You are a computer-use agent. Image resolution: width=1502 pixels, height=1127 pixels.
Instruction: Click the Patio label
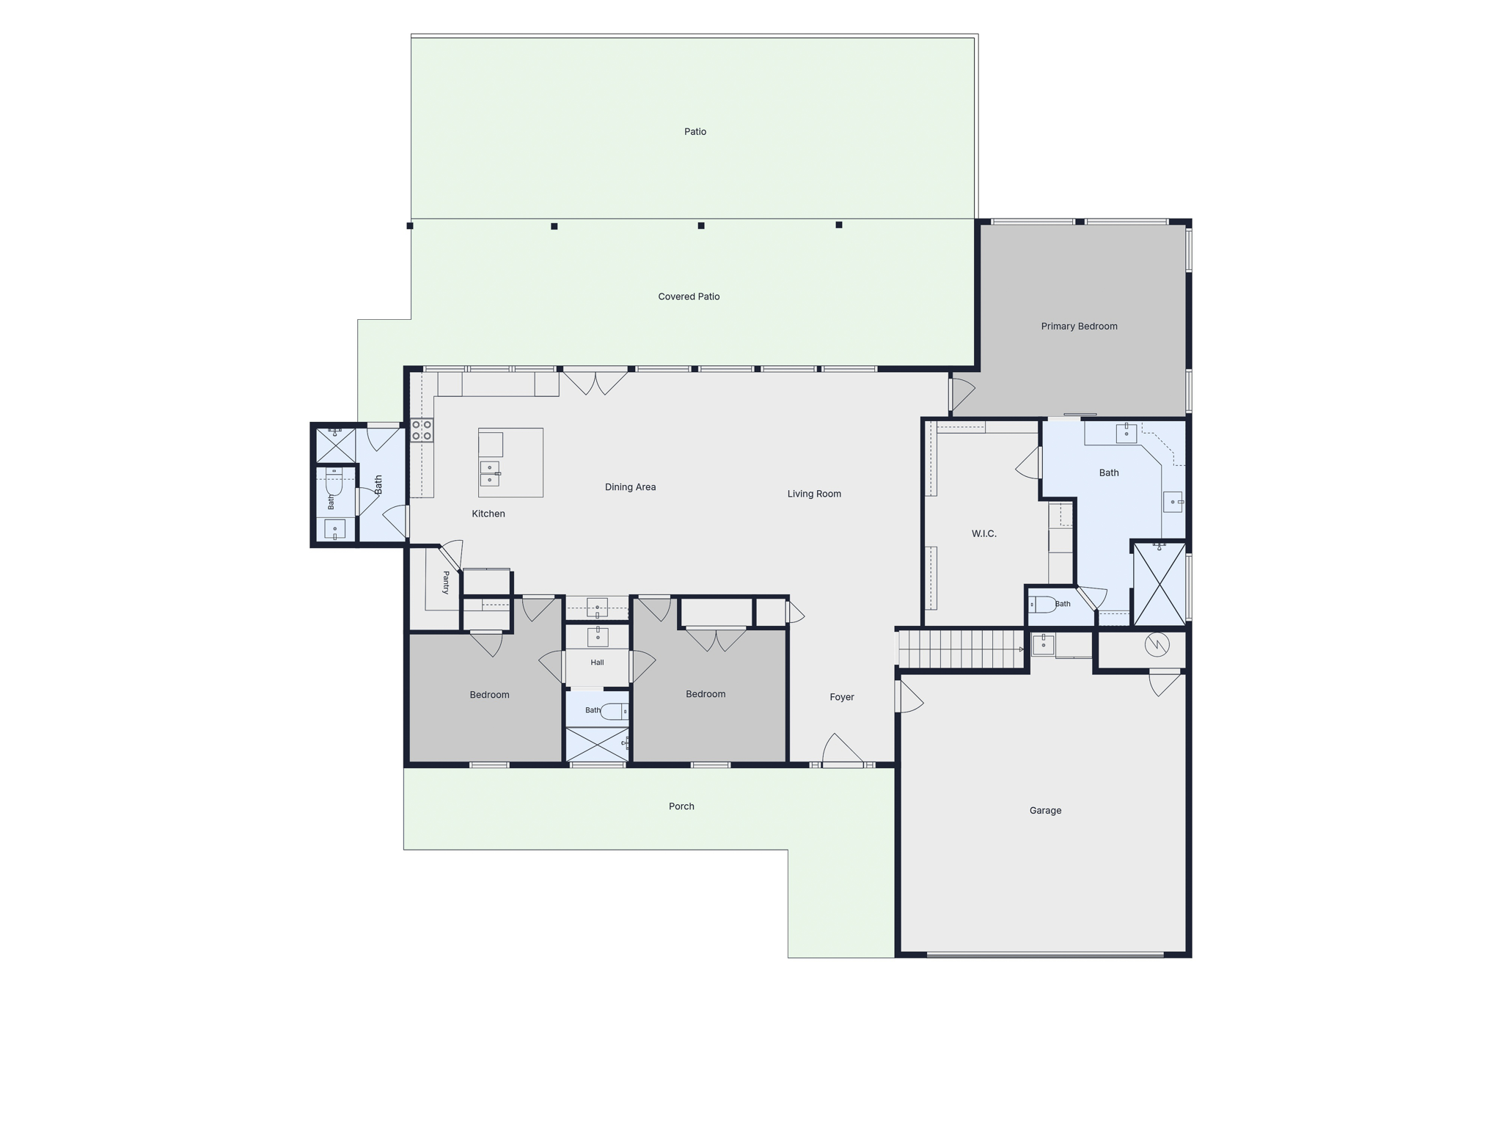point(695,132)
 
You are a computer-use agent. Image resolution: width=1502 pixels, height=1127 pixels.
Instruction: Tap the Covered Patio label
point(689,296)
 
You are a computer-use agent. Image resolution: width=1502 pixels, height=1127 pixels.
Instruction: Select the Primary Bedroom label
point(1079,327)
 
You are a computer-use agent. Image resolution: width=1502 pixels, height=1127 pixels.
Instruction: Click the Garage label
point(1045,811)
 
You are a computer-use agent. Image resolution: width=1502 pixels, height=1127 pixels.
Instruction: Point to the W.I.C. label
point(983,533)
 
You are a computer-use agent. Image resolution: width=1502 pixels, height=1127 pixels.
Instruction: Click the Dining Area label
point(630,487)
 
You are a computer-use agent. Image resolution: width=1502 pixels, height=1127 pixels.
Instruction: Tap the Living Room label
point(814,494)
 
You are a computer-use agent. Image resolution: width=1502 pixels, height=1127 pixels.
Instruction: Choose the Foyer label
point(842,697)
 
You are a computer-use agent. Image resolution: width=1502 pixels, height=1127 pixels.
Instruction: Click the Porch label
point(681,806)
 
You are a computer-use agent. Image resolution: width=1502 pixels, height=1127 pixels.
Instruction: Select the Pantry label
point(446,583)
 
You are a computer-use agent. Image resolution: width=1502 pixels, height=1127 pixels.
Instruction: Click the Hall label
point(597,663)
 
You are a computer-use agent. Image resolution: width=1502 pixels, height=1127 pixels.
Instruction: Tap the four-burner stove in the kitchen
point(422,430)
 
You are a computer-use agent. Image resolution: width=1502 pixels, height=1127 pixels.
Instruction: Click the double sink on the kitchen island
point(490,473)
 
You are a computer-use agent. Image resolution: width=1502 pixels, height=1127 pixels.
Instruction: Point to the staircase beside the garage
point(961,649)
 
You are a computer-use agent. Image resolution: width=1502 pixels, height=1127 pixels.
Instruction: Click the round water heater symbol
point(1157,645)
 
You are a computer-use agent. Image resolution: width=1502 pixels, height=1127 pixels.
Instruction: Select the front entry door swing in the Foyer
point(843,749)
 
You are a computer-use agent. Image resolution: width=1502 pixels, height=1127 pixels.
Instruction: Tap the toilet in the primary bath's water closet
point(1042,605)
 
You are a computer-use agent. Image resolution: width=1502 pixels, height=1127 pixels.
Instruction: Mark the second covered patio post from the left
point(554,226)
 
